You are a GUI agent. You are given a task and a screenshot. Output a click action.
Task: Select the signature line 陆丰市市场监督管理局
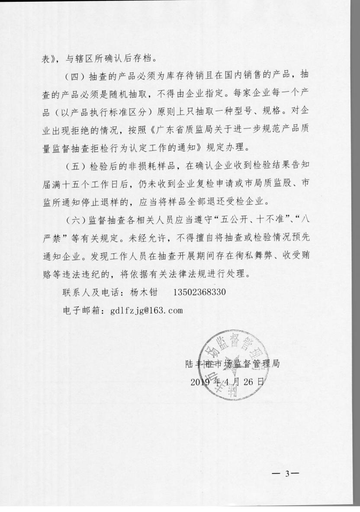(x=231, y=364)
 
